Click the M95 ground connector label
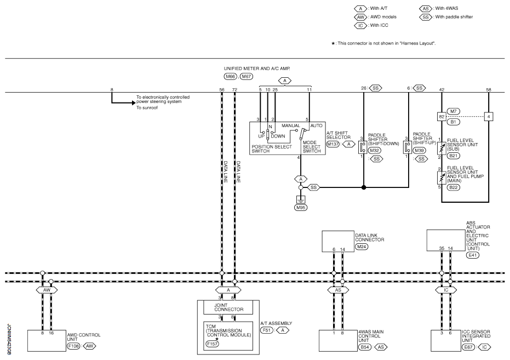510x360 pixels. (301, 208)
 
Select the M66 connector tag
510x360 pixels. (230, 76)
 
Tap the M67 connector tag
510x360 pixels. (246, 76)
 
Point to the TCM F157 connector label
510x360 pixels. (212, 344)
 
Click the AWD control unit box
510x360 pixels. (47, 341)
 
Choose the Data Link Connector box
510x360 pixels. (338, 241)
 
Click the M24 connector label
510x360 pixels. (362, 247)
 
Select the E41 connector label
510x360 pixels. (473, 255)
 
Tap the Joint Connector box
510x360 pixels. (228, 307)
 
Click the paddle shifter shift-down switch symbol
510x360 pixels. (362, 147)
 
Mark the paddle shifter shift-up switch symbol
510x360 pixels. (406, 147)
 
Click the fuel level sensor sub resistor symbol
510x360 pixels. (442, 148)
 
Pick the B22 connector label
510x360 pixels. (453, 187)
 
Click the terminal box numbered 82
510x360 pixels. (442, 116)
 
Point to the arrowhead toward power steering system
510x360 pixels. (133, 103)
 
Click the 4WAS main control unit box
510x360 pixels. (338, 341)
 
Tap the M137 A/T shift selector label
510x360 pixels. (333, 144)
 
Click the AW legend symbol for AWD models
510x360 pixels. (360, 17)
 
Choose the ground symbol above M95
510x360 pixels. (301, 199)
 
